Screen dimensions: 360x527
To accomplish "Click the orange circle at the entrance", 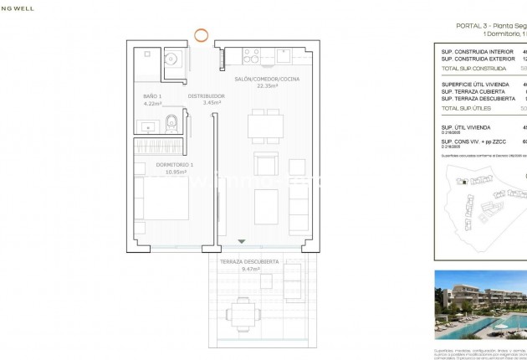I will point(201,35).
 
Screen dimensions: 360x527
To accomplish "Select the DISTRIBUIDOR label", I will point(205,96).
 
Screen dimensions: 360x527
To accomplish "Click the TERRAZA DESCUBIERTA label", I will point(250,262).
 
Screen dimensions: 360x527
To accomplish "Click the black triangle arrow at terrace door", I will point(243,242).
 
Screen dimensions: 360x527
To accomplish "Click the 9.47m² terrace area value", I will point(250,270).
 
